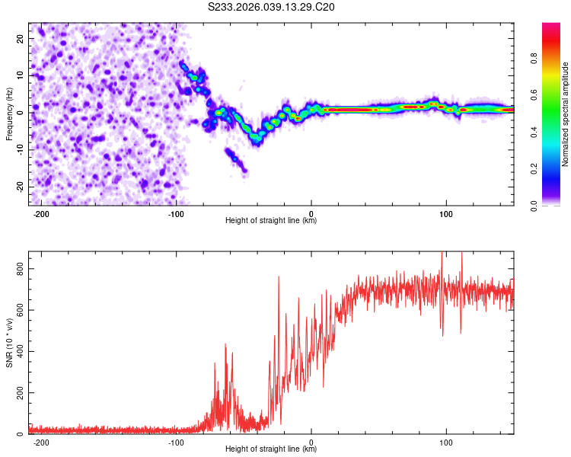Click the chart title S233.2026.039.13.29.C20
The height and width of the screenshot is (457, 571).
(272, 7)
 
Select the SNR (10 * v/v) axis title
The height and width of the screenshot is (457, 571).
(9, 344)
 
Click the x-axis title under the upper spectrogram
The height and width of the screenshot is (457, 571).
(271, 220)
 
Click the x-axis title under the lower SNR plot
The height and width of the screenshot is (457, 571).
(271, 449)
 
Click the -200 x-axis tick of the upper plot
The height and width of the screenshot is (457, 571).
(41, 213)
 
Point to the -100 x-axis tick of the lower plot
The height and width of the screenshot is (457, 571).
(176, 441)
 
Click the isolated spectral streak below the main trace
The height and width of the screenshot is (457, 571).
(235, 160)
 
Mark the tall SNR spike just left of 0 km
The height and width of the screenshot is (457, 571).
(279, 279)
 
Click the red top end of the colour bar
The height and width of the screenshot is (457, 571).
(551, 27)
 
